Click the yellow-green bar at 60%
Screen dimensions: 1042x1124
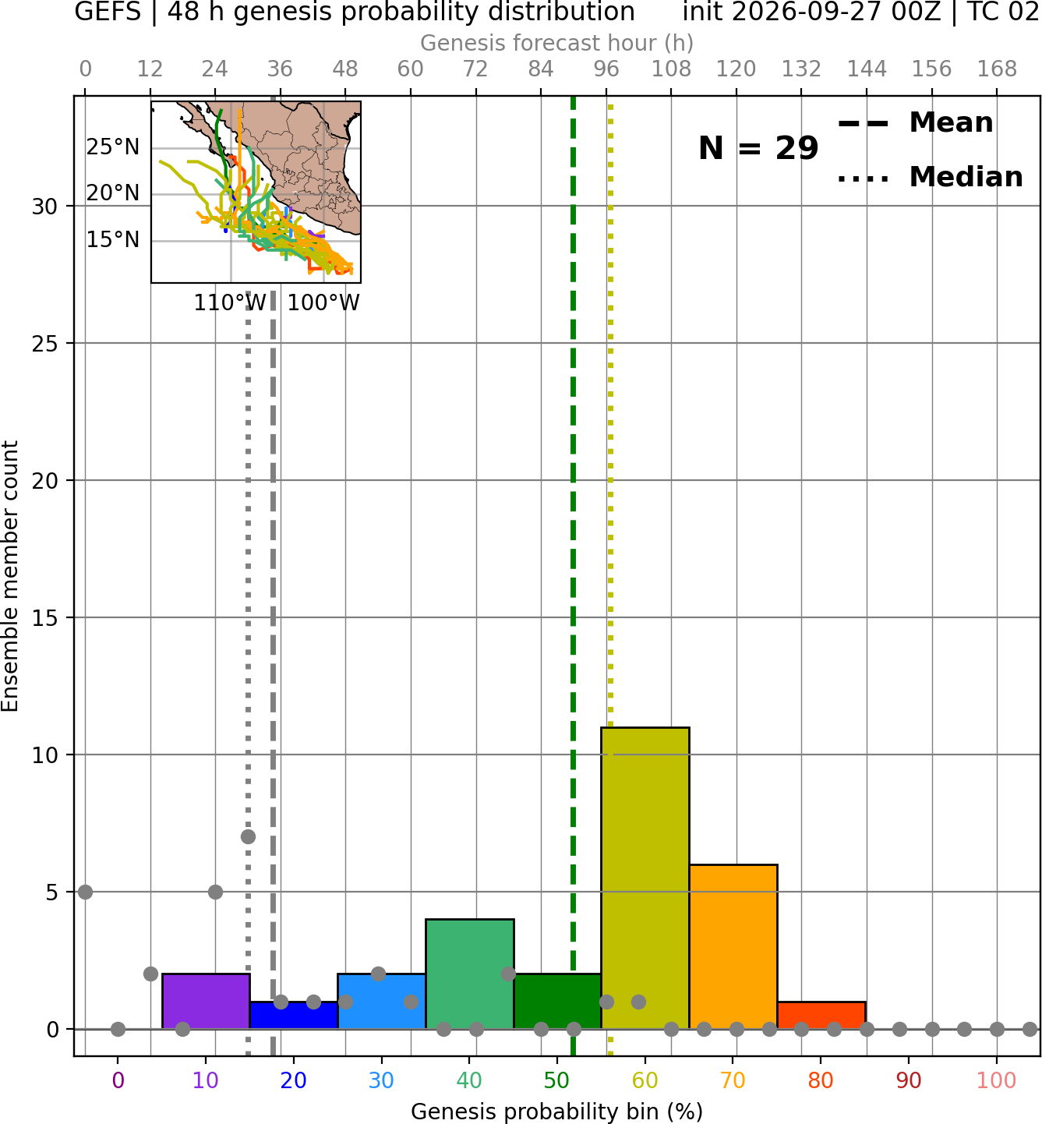point(645,878)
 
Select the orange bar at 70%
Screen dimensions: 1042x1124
point(733,946)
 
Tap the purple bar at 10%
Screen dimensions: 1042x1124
point(206,1001)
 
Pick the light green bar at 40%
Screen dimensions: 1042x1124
point(470,974)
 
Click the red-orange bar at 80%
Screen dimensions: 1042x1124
point(821,1016)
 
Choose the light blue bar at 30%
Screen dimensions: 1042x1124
point(381,1001)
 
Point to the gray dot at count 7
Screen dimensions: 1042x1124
point(248,836)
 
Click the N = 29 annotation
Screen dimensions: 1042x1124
point(758,148)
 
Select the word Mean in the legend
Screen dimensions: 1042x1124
point(951,122)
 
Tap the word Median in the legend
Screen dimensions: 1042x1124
point(966,177)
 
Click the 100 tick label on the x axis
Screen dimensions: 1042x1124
point(997,1081)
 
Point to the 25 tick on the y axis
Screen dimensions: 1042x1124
point(45,344)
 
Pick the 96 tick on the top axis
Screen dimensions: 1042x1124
point(606,69)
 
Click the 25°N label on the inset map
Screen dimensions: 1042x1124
point(113,147)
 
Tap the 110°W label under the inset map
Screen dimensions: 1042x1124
point(230,302)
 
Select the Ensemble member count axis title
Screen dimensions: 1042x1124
point(10,577)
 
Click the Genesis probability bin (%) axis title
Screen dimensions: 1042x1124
point(557,1112)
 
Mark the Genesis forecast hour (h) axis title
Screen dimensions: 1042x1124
point(557,43)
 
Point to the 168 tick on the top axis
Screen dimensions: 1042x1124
point(997,69)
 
